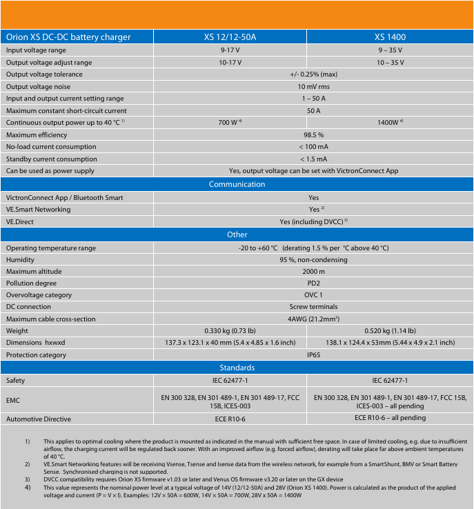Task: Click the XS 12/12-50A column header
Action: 230,37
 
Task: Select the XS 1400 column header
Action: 390,37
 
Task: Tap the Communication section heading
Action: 237,184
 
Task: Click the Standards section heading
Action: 237,368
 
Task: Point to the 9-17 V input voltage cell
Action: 230,50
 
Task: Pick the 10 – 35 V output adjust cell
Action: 390,62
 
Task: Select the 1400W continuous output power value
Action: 390,123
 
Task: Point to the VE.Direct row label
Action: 20,222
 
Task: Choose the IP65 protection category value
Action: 313,355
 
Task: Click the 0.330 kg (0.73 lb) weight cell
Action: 230,330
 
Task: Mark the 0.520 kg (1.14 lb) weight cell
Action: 390,330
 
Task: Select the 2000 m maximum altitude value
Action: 313,271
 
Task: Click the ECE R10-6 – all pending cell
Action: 390,418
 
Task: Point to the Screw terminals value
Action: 313,307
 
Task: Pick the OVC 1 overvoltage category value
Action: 313,295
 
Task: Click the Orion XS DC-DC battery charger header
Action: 68,37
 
